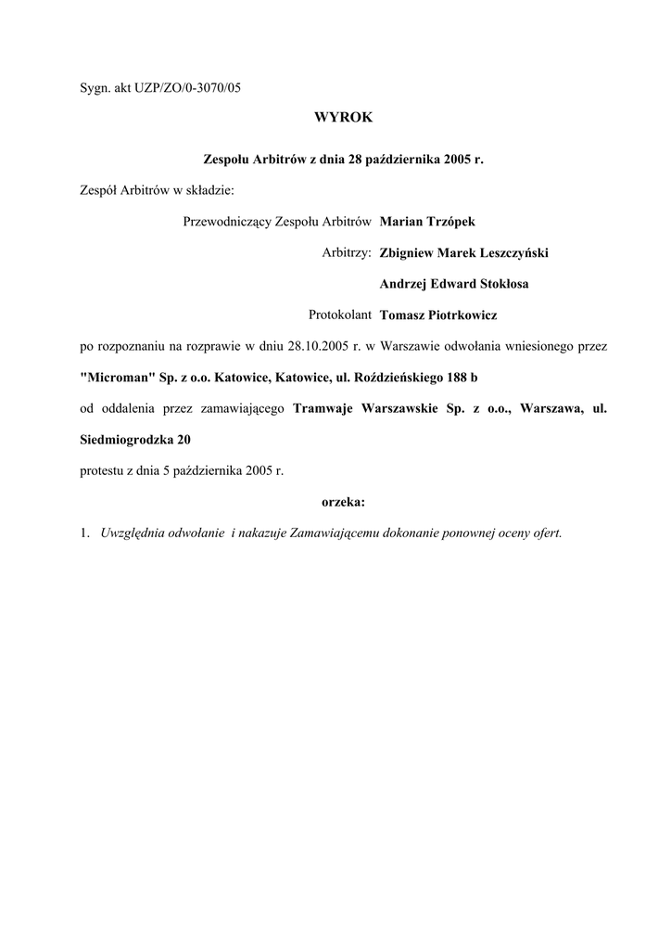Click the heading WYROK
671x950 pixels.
343,118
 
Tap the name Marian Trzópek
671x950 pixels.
427,221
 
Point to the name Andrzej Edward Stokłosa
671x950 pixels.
454,284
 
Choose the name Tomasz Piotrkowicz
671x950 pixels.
438,315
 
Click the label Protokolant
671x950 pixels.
340,315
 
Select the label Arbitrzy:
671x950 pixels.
346,252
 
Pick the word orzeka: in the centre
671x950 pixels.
343,502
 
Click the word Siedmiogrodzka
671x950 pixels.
128,439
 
